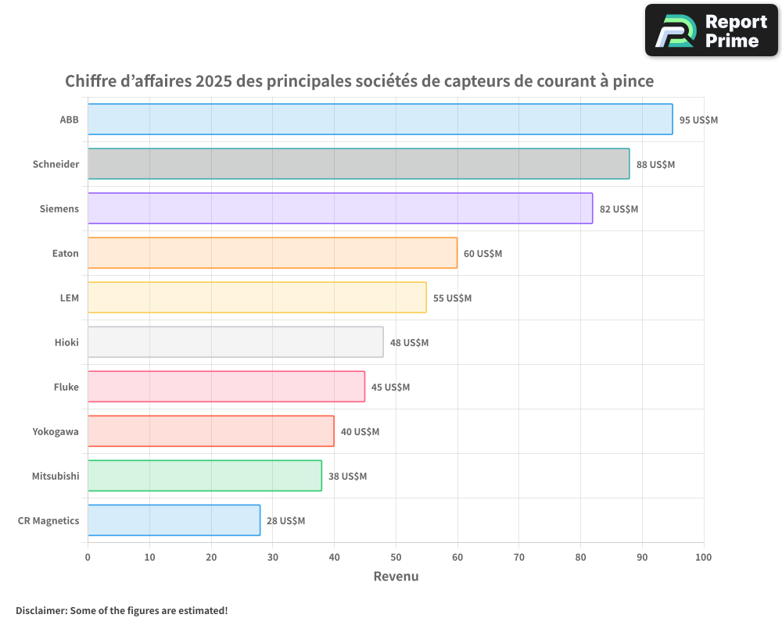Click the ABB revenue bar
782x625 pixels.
380,120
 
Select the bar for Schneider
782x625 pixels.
358,164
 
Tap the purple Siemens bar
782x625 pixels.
340,209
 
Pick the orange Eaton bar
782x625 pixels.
272,253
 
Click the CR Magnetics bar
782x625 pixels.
174,520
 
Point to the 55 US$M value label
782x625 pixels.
453,298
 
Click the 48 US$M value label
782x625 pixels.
409,342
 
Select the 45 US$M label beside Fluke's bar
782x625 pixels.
390,387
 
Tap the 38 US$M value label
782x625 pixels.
347,476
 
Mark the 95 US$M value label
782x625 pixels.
698,120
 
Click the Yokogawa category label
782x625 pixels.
56,431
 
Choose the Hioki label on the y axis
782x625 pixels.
66,342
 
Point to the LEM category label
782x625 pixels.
70,298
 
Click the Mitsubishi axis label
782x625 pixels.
56,476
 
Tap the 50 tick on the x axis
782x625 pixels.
396,557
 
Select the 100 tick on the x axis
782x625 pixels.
704,557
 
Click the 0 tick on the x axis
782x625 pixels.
88,557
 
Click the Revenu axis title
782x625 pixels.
396,577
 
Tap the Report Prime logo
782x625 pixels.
711,30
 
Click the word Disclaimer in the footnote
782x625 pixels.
40,610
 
